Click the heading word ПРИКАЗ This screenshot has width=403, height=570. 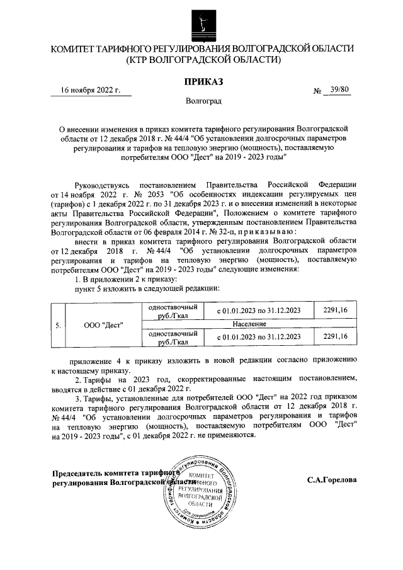click(x=201, y=80)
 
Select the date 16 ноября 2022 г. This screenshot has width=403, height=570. click(x=89, y=89)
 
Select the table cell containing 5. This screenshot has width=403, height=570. click(x=57, y=326)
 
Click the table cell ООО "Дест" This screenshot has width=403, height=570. click(x=103, y=326)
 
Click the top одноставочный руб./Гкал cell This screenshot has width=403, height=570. click(x=173, y=311)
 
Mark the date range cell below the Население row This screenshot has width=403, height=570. click(x=259, y=338)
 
